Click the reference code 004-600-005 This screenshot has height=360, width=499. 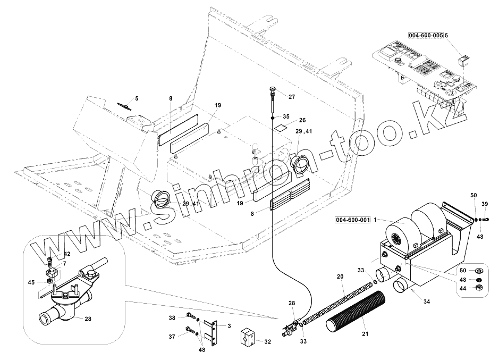click(426, 35)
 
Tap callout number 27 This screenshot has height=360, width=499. click(292, 96)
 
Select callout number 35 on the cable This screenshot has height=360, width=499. click(286, 116)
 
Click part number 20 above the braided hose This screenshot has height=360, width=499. click(340, 277)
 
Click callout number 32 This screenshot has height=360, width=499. click(267, 341)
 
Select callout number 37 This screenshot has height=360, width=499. click(172, 337)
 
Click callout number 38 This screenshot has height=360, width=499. click(172, 317)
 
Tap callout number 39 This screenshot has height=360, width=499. click(484, 204)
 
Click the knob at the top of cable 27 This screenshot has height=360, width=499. click(272, 89)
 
